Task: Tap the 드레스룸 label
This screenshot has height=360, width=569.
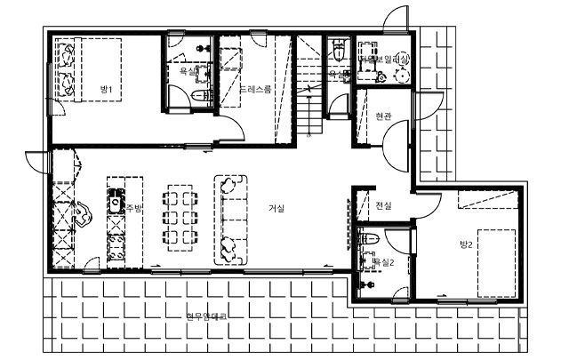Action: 255,90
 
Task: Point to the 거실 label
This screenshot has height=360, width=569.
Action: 276,209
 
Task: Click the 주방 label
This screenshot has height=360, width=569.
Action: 134,209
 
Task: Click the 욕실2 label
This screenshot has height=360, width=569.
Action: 382,262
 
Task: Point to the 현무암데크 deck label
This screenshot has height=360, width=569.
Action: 206,316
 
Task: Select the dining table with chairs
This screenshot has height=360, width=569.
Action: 180,217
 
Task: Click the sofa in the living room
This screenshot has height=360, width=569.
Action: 230,218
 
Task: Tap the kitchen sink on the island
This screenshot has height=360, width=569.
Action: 115,204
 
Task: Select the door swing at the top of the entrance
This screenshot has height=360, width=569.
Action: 392,20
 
